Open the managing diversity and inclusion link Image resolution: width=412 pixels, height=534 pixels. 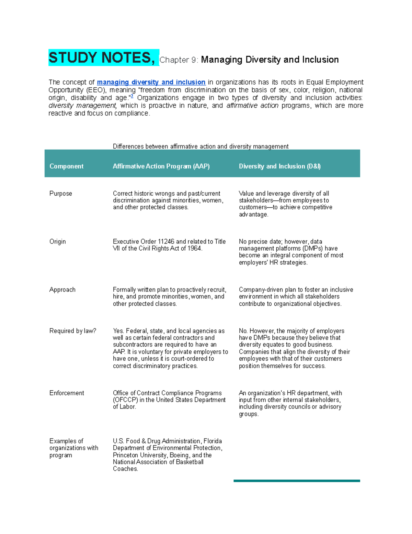point(151,82)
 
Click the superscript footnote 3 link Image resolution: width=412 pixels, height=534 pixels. point(132,96)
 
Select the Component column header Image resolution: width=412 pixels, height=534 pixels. point(66,166)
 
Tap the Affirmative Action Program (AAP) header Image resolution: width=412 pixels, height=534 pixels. point(161,166)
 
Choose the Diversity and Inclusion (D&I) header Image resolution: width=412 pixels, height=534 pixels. point(279,166)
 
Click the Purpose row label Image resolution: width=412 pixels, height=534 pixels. point(61,194)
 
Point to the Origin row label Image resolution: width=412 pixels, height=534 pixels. point(58,242)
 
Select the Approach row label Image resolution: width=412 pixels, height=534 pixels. point(62,290)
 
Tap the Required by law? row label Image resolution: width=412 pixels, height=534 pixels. point(73,331)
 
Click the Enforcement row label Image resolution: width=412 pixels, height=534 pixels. point(67,393)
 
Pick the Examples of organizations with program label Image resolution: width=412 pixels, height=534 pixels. point(73,448)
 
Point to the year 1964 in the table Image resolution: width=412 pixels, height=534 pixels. point(194,249)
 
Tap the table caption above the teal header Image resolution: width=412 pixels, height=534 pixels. point(201,146)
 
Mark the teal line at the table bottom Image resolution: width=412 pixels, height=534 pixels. point(297,481)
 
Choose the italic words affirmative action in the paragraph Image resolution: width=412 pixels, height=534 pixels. point(252,106)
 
